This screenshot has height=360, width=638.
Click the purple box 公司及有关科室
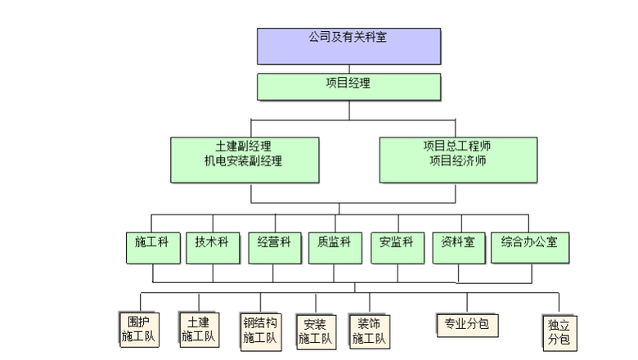coord(348,46)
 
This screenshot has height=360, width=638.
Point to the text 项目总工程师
coord(458,146)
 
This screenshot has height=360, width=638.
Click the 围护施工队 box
coord(139,327)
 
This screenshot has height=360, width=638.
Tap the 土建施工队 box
coord(199,329)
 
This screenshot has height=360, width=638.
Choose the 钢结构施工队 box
coord(261,331)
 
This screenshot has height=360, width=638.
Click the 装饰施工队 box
coord(369,331)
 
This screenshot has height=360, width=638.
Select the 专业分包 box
coord(467,324)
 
